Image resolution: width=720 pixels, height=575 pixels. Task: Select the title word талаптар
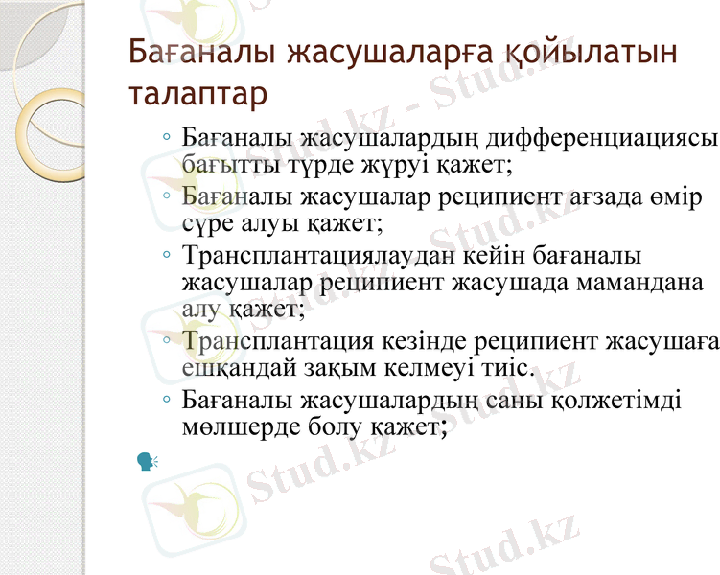click(197, 95)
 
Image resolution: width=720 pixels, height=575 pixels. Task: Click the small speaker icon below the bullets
click(147, 462)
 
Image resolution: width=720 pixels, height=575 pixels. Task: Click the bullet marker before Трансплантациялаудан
click(167, 257)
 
